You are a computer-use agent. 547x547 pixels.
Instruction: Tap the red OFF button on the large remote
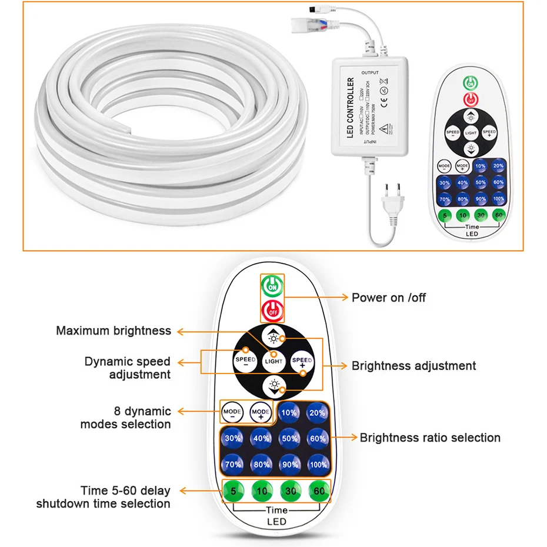click(x=272, y=308)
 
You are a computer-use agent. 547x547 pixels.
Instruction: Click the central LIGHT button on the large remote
click(x=273, y=359)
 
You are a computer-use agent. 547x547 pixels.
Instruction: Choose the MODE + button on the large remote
click(x=261, y=413)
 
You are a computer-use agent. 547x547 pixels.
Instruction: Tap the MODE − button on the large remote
click(x=232, y=413)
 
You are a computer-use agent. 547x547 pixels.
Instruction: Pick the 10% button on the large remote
click(x=289, y=413)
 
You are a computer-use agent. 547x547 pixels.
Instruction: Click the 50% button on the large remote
click(x=289, y=438)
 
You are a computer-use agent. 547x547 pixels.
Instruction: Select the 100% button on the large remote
click(x=318, y=464)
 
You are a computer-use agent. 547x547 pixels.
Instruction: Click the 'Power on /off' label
click(x=389, y=298)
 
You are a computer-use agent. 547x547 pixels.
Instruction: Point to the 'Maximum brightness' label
click(x=114, y=331)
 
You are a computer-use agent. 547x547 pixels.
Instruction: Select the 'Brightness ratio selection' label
click(x=430, y=438)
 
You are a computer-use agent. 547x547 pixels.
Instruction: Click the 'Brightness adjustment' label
click(x=413, y=366)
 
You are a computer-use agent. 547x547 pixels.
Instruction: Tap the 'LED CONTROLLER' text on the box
click(x=350, y=109)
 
